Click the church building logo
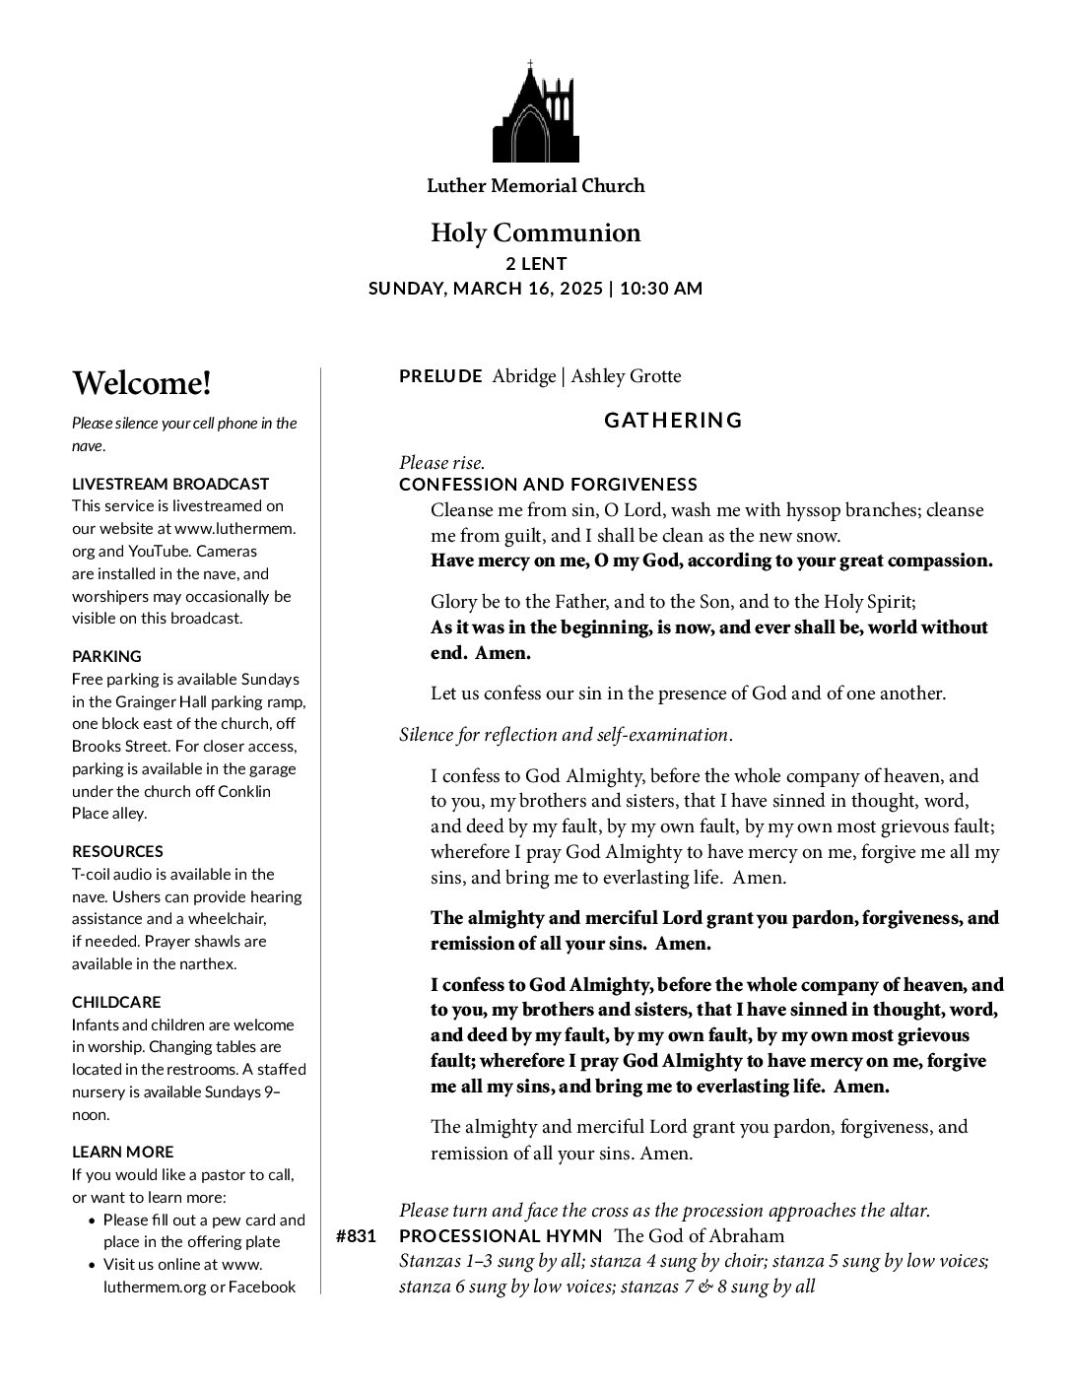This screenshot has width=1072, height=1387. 535,112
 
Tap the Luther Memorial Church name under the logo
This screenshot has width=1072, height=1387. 535,185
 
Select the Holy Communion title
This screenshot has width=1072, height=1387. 535,233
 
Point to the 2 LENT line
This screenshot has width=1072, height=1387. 535,264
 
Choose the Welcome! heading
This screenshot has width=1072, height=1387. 141,383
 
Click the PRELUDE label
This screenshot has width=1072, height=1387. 440,375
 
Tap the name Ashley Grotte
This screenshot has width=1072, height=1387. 626,375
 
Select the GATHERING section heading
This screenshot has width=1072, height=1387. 673,421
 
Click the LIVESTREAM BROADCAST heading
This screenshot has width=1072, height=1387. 170,484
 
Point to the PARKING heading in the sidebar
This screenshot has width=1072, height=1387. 106,656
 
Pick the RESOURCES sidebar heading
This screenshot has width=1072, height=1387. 117,851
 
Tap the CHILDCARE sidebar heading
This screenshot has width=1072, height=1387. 116,1002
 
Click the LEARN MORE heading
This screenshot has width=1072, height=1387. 122,1152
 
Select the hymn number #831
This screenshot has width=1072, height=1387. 356,1236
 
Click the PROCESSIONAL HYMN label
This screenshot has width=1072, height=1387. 501,1236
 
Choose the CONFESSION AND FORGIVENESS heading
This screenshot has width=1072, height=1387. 548,485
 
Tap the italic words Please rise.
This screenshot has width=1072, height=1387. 441,462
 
